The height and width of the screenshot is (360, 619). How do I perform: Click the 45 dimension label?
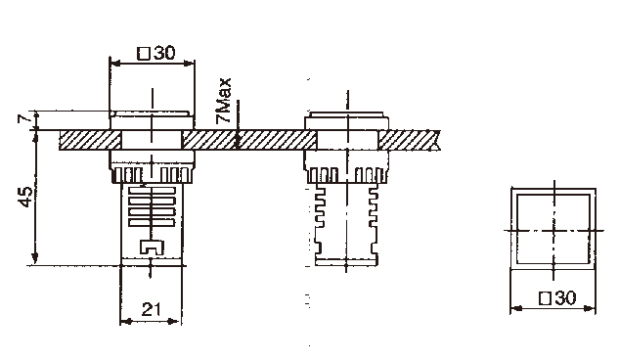coord(25,197)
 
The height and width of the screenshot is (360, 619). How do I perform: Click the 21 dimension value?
coord(152,309)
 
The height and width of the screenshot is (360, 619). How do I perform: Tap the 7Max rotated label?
coord(223,101)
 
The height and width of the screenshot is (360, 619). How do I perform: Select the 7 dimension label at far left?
coord(23,118)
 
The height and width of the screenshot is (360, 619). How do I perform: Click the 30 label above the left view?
coord(164,53)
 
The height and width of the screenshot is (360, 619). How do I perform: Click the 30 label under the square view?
coord(565,298)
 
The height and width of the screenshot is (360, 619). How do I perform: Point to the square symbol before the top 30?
coord(144,53)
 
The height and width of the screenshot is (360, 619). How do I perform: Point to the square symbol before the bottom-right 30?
coord(546,298)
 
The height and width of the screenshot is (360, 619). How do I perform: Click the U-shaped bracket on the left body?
coord(152,247)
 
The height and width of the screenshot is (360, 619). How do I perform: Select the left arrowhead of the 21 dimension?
coord(125,322)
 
